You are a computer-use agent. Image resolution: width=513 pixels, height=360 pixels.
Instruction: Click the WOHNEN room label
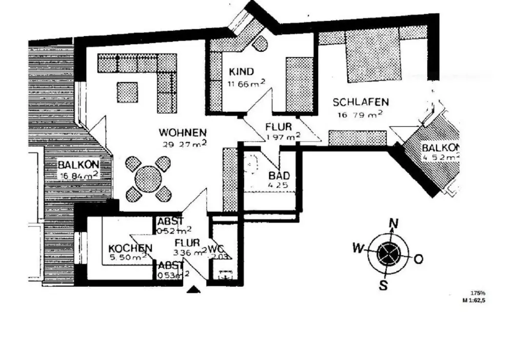pyautogui.click(x=183, y=132)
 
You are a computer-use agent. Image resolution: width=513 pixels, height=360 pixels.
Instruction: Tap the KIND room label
pyautogui.click(x=241, y=72)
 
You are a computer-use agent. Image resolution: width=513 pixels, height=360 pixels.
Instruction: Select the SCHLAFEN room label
pyautogui.click(x=360, y=102)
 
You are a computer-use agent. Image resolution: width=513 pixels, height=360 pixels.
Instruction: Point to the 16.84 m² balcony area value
pyautogui.click(x=78, y=175)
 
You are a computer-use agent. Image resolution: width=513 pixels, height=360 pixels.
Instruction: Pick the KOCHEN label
pyautogui.click(x=130, y=249)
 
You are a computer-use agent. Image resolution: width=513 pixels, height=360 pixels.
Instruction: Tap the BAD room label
pyautogui.click(x=279, y=175)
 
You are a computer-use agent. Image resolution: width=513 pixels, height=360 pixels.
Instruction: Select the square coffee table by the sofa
pyautogui.click(x=127, y=92)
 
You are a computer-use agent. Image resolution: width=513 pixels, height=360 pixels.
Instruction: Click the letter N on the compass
pyautogui.click(x=394, y=223)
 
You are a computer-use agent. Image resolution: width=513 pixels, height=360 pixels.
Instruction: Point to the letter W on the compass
pyautogui.click(x=357, y=249)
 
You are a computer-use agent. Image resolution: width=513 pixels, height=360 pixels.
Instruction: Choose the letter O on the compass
pyautogui.click(x=418, y=259)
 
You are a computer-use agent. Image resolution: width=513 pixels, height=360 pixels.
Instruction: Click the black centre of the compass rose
pyautogui.click(x=387, y=254)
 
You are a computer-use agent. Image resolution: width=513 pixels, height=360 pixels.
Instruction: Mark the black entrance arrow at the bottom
pyautogui.click(x=193, y=290)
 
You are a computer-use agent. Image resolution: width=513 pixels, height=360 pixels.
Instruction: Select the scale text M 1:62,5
pyautogui.click(x=473, y=301)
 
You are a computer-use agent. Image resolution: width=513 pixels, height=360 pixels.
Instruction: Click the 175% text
pyautogui.click(x=477, y=293)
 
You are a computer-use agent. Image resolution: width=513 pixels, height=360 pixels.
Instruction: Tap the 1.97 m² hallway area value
pyautogui.click(x=283, y=137)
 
